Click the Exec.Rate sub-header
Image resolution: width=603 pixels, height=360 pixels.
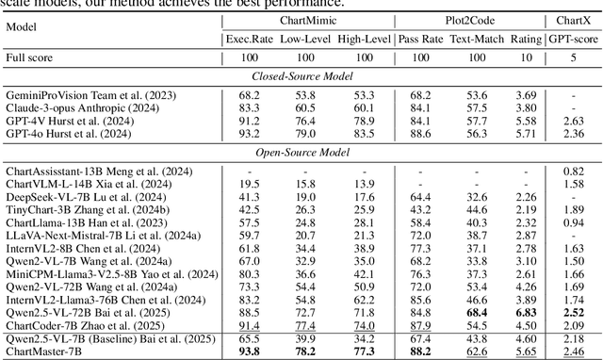pos(249,39)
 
